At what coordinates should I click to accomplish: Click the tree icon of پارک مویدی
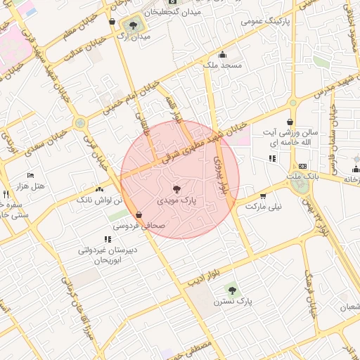click(176, 188)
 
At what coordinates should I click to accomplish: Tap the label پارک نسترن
click(234, 301)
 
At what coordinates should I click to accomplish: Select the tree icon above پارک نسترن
click(231, 290)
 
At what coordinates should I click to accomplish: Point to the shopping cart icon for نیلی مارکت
click(263, 196)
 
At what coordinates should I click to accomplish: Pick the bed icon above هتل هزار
click(30, 175)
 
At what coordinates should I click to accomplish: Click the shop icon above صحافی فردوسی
click(139, 215)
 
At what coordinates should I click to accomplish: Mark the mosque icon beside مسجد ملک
click(223, 56)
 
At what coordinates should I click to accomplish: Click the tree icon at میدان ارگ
click(133, 26)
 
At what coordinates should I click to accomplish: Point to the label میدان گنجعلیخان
click(172, 12)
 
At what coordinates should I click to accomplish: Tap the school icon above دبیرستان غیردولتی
click(108, 240)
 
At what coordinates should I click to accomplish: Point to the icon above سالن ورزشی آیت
click(290, 122)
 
